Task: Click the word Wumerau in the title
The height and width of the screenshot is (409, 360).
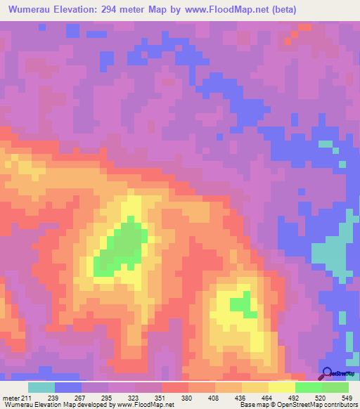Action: click(32, 9)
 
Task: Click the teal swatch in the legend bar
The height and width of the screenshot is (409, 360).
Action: click(41, 387)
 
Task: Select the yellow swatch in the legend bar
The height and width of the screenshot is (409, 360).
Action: click(282, 387)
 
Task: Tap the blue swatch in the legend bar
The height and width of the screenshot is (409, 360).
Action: click(68, 387)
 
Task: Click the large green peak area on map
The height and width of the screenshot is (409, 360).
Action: click(121, 247)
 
